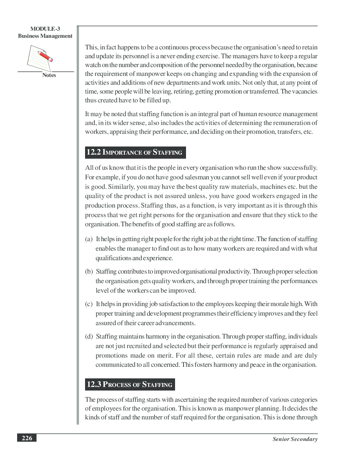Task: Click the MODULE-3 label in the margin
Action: (45, 29)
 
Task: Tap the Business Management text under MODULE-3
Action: (45, 36)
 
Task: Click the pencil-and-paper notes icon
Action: (40, 58)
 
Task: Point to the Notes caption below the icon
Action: (49, 75)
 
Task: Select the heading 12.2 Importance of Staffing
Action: (135, 153)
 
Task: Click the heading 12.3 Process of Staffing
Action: (130, 384)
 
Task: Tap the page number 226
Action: (27, 438)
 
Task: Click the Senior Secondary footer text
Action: (295, 439)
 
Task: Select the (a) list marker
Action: (89, 239)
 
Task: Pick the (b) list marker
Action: (89, 272)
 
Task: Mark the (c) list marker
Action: (89, 304)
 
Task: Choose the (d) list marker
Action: (89, 337)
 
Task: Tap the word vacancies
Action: (305, 91)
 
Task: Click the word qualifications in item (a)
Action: (113, 258)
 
